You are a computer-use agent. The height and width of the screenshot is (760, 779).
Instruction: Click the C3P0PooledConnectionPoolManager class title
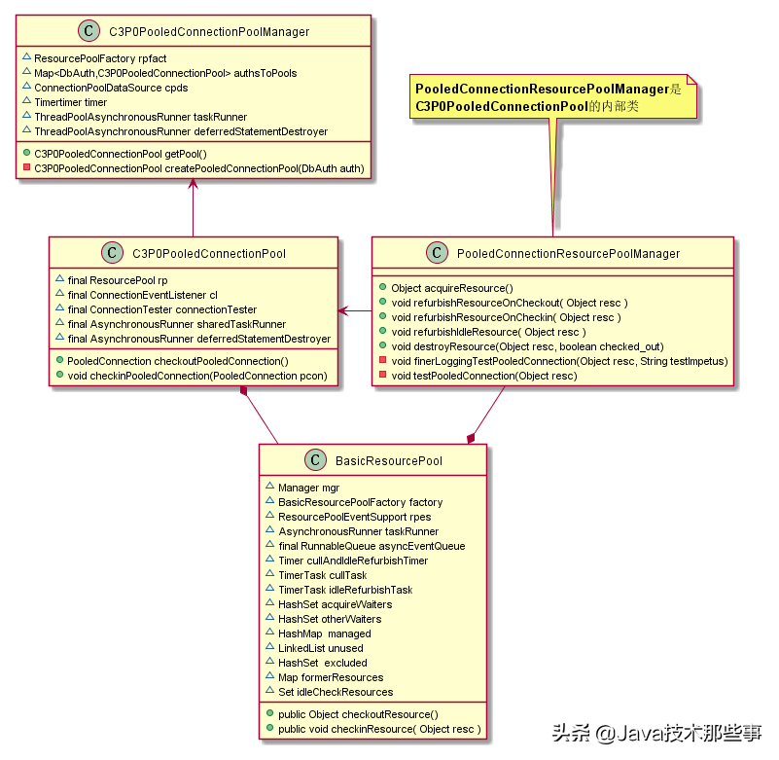coord(210,32)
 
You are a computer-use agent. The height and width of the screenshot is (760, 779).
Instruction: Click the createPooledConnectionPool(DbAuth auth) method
coord(198,168)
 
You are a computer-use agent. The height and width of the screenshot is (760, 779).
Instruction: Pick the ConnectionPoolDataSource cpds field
coord(111,88)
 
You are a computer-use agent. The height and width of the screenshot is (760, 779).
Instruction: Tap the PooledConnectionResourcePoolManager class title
coord(568,254)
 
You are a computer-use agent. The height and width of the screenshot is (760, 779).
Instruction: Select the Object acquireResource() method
coord(451,288)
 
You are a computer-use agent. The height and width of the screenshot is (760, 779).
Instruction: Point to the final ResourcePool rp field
coord(118,280)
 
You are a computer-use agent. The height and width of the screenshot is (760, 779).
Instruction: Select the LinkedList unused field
coord(320,648)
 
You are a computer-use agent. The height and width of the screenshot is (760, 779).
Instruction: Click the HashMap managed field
coord(324,633)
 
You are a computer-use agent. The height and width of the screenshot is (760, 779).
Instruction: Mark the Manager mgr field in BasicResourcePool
coord(308,488)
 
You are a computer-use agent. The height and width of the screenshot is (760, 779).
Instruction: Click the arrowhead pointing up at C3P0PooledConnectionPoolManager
coord(194,186)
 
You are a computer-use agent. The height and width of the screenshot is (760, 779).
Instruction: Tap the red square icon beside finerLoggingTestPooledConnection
coord(384,361)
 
